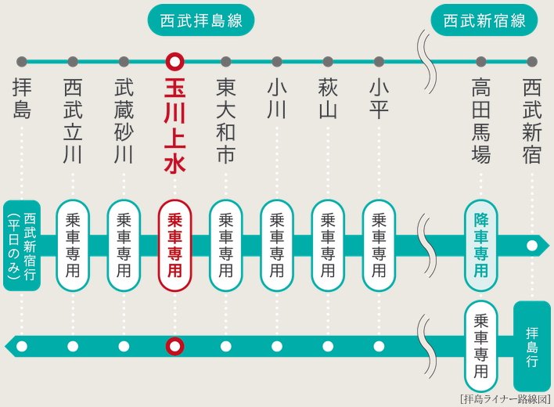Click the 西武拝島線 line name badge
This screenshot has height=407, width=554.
tap(201, 20)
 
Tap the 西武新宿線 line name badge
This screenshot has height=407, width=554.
tap(484, 20)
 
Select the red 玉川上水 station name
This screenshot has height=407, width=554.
tap(175, 126)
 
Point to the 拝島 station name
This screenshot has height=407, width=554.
tap(22, 98)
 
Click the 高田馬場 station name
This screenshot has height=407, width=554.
tap(481, 121)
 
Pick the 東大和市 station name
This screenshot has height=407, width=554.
tap(226, 121)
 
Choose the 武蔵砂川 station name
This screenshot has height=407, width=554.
tap(124, 121)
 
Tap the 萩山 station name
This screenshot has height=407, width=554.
tap(328, 98)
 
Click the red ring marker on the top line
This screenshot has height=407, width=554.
tap(175, 62)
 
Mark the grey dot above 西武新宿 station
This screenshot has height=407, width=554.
tap(532, 62)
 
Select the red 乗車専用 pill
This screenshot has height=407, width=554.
tap(175, 246)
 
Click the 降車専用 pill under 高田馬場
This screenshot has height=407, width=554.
tap(481, 246)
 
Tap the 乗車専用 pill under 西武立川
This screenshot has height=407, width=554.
tap(73, 246)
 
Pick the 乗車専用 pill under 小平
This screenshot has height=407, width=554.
tap(379, 246)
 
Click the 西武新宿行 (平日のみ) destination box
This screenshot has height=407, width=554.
tap(22, 246)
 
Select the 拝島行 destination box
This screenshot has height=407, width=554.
tap(532, 346)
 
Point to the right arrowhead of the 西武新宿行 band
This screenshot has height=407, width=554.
tap(544, 245)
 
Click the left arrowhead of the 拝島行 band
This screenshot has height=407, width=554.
tap(10, 346)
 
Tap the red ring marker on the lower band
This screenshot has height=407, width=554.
tap(175, 346)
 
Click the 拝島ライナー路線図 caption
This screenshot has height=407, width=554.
tap(506, 399)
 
